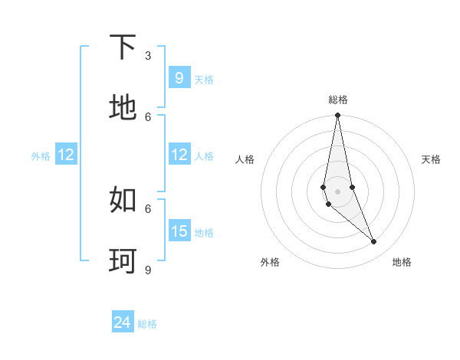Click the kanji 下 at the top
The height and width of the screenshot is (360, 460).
(x=123, y=47)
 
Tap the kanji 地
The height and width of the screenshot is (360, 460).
(x=123, y=107)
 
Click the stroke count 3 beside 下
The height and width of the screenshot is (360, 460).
(x=148, y=56)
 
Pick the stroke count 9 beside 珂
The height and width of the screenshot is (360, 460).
(x=148, y=270)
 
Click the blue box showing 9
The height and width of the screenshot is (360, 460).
(x=179, y=78)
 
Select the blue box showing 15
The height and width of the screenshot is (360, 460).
(x=179, y=231)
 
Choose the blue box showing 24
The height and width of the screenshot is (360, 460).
(x=123, y=323)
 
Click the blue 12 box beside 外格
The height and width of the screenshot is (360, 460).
(x=66, y=155)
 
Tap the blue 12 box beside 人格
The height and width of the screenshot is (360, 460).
(x=179, y=155)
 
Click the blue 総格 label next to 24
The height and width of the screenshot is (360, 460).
(x=147, y=324)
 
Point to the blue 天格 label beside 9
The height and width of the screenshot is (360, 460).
(x=204, y=79)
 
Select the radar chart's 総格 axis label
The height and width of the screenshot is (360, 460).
(x=338, y=100)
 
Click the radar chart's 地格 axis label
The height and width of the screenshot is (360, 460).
(x=402, y=262)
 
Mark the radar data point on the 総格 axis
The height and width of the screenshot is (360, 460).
(x=337, y=116)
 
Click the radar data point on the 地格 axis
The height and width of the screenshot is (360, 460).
(x=374, y=242)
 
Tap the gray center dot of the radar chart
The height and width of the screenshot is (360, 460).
(x=337, y=191)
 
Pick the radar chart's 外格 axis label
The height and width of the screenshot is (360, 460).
(x=270, y=262)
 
